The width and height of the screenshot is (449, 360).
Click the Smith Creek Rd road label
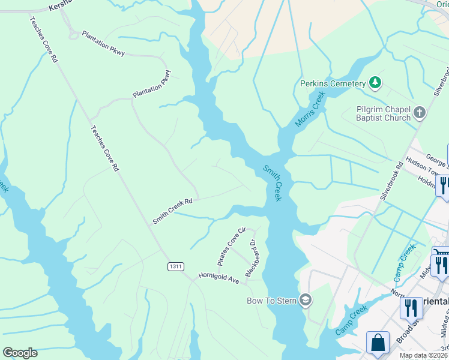pos(172,211)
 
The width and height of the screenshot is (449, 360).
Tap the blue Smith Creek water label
pos(272,183)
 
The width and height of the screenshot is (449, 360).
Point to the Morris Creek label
pos(309,109)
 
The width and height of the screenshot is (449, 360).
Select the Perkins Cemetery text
pos(333,83)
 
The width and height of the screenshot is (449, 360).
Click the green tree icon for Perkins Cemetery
pos(375,83)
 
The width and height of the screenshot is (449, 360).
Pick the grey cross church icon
pos(420,112)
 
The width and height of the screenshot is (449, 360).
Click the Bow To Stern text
pos(273,300)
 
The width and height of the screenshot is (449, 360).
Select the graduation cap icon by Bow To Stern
pos(306,300)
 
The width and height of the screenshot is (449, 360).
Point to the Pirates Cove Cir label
pos(232,247)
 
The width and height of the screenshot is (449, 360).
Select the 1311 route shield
pos(176,266)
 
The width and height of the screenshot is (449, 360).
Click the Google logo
pos(20,353)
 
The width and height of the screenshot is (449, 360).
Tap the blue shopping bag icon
pos(378,343)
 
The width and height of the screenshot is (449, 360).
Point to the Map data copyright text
pos(423,356)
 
